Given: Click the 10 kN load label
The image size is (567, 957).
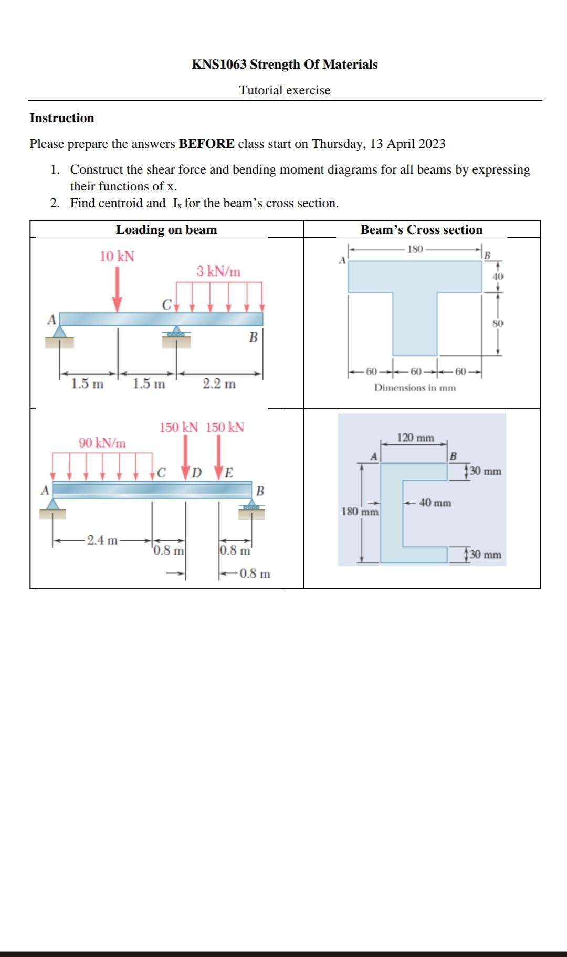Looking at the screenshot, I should [x=117, y=257].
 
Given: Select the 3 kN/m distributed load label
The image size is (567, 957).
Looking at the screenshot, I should [x=218, y=271].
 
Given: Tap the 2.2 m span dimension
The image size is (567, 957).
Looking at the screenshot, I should [x=219, y=384].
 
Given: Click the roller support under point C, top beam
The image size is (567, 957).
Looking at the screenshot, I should [x=176, y=335].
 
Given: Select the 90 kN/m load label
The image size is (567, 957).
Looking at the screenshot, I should [x=102, y=443].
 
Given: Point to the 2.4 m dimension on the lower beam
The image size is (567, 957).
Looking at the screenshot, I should [x=102, y=540].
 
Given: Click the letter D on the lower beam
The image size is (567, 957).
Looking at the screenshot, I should [x=197, y=473].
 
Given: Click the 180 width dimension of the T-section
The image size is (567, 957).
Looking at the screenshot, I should [x=415, y=249].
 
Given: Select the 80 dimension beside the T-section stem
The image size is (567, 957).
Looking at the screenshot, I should [x=498, y=323].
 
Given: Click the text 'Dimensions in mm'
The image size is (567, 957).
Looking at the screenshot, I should [x=415, y=388].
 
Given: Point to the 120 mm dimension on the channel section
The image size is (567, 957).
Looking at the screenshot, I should [x=415, y=438].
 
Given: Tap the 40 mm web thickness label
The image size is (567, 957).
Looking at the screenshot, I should [x=435, y=503].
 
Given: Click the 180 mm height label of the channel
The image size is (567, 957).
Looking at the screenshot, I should [x=360, y=511].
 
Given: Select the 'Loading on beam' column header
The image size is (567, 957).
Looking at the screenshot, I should [x=166, y=230].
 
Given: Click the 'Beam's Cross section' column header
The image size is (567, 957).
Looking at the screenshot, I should [x=421, y=230].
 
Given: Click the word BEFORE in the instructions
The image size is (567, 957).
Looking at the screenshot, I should [x=206, y=144].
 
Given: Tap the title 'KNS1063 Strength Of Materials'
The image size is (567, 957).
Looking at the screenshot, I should [x=285, y=65].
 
